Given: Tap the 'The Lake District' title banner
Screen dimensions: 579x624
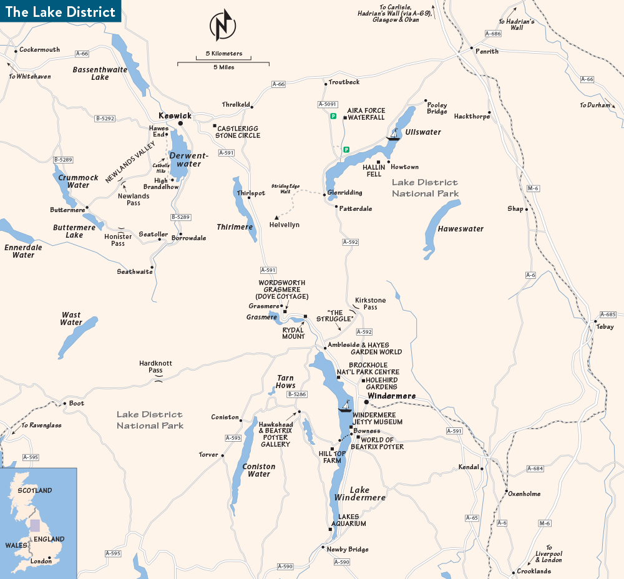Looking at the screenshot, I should coord(60,12).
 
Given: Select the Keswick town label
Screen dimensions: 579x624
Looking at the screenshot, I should coord(175,116).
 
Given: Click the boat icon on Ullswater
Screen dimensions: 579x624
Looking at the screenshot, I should coord(393,135).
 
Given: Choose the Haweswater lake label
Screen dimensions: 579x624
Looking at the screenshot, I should coord(461,229).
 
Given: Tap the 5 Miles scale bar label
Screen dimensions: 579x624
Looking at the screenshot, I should coord(223,67).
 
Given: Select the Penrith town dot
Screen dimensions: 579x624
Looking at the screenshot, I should coord(471,47).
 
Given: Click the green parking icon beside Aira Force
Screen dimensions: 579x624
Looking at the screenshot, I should coord(333,115).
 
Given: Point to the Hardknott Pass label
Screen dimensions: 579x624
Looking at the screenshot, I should coord(155,366).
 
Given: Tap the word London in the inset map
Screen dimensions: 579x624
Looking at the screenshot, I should coord(41,561).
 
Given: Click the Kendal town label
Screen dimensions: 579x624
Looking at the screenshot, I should coord(468,467).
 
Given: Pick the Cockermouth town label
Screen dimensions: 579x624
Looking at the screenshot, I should coord(39,50).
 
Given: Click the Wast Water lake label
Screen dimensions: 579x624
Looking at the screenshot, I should coord(71,319).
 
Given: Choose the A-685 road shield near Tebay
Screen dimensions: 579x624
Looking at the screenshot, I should coord(607,314).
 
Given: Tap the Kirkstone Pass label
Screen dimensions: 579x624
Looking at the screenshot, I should coord(370,303).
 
